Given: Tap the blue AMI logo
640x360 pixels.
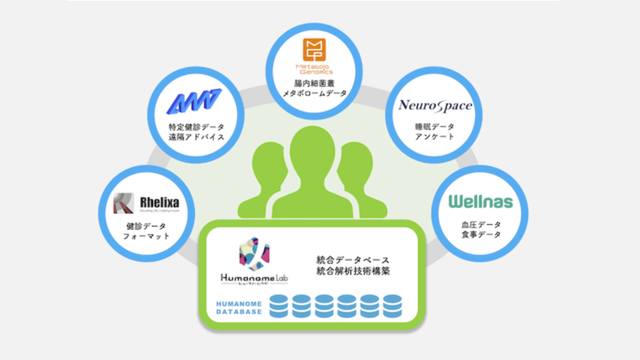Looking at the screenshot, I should tap(194, 101).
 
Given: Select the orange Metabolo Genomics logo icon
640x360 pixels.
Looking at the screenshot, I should tap(314, 50).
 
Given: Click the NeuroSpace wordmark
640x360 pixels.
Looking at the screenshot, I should tap(435, 105).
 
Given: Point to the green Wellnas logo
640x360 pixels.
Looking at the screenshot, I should tap(480, 201).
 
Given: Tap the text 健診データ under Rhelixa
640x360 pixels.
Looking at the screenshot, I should tap(146, 225).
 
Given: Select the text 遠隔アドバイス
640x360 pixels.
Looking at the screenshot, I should tap(196, 136).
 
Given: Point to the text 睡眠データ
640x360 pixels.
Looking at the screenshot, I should tap(434, 126).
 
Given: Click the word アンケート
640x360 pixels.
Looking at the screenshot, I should tap(434, 136).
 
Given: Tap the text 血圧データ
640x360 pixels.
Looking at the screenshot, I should tap(480, 224).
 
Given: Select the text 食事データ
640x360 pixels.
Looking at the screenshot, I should tap(480, 234).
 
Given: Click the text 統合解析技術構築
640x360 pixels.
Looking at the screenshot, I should tap(353, 271).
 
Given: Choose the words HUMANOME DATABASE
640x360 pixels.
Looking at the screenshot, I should tap(239, 307).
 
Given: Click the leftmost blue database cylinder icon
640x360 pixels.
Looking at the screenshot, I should tap(279, 306).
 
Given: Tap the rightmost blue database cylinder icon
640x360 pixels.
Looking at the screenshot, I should tap(392, 306).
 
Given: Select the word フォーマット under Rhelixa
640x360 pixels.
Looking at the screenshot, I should tap(146, 235).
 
